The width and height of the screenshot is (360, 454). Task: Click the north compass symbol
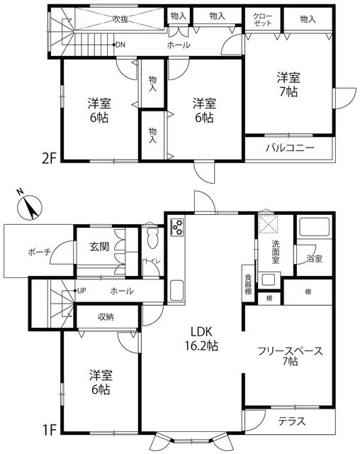(29, 206)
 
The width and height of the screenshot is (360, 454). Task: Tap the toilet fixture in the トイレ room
(152, 238)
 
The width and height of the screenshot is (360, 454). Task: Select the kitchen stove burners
(177, 227)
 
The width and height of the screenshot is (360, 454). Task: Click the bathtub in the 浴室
(315, 227)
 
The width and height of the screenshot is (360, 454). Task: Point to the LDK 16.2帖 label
(201, 338)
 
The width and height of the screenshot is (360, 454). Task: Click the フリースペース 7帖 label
(290, 356)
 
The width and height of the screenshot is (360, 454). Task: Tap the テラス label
(292, 421)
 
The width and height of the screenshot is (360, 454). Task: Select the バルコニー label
(290, 148)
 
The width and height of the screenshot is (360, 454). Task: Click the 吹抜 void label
(120, 19)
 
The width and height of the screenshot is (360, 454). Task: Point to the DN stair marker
(118, 45)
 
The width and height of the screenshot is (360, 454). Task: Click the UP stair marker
(79, 290)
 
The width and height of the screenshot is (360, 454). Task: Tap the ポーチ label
(39, 252)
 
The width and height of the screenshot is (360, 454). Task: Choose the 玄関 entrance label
(99, 246)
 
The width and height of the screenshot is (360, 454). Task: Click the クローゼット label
(262, 20)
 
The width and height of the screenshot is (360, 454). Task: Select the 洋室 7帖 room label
(288, 84)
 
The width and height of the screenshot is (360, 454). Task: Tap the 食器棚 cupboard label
(248, 284)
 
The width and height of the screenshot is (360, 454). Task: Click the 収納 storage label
(106, 317)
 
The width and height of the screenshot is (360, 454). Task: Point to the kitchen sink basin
(176, 290)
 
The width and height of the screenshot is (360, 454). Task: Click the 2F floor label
(49, 159)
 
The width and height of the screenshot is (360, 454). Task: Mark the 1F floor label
(49, 430)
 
